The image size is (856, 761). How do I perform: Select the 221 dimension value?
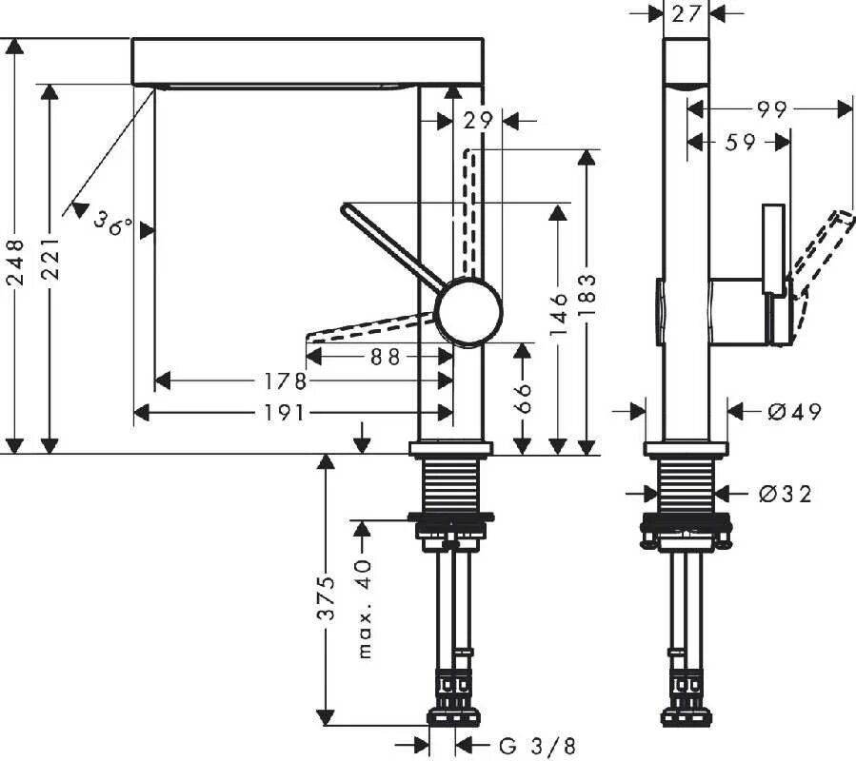click(50, 259)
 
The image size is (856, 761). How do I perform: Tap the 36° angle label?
click(115, 224)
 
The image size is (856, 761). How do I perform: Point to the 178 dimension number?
click(287, 381)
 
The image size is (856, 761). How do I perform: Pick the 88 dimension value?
click(383, 356)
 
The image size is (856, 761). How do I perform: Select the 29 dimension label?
click(478, 120)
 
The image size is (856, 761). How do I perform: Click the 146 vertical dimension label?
click(559, 314)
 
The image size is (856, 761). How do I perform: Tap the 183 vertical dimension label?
click(587, 296)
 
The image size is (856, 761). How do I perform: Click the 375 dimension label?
click(327, 597)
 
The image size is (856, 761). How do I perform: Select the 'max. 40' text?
click(363, 610)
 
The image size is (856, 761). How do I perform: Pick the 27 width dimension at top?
click(686, 13)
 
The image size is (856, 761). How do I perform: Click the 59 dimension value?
click(740, 142)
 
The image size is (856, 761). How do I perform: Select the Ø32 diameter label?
click(786, 494)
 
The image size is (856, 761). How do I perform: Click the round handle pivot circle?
click(468, 311)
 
